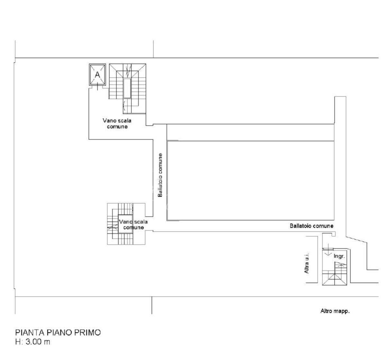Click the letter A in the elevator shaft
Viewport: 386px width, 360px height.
(97, 75)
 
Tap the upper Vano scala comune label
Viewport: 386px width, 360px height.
(117, 124)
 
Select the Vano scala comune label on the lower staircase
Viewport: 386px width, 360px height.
(133, 225)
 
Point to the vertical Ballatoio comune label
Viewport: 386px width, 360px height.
(160, 175)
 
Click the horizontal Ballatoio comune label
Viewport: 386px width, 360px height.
(312, 226)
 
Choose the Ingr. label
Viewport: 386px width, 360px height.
(339, 256)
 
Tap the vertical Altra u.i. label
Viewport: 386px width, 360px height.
(307, 263)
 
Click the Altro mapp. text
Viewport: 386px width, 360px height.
(335, 311)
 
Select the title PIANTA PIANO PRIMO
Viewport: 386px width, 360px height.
(58, 332)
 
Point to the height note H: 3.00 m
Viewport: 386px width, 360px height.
(33, 342)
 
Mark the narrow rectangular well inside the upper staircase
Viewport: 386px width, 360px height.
(127, 88)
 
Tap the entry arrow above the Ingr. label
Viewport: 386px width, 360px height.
(328, 252)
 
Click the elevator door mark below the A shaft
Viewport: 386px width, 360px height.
(97, 88)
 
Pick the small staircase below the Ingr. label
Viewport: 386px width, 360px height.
(334, 274)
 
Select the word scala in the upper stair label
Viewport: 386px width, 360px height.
(124, 121)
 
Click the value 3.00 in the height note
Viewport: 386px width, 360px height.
(34, 342)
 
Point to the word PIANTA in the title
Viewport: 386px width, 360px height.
(30, 332)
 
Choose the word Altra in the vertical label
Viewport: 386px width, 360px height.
(307, 268)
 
